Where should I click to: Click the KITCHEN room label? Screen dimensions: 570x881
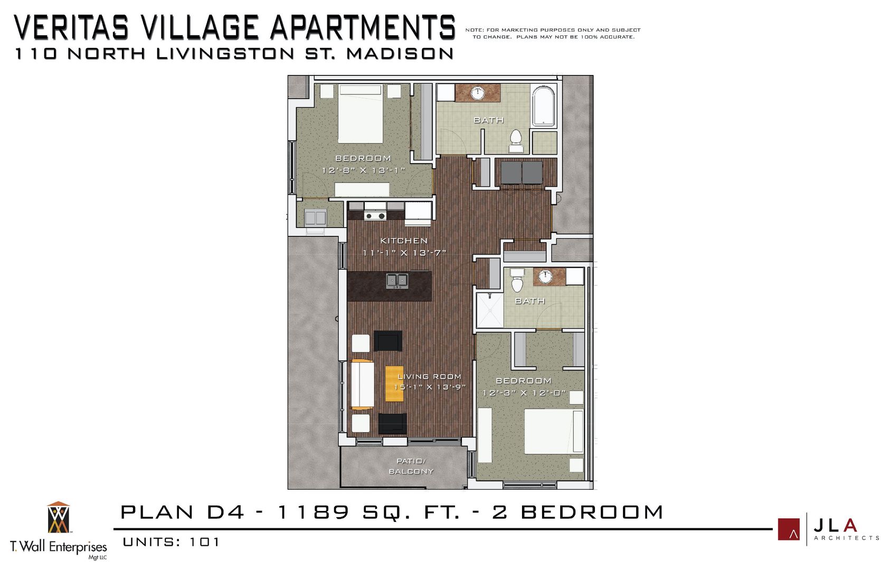point(404,241)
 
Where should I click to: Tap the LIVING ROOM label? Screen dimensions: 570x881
point(429,376)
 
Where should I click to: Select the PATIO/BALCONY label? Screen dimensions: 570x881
point(411,466)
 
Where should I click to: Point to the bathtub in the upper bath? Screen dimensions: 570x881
point(543,107)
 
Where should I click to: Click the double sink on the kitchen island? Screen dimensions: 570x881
point(396,280)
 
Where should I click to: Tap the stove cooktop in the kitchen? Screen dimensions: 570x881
point(375,215)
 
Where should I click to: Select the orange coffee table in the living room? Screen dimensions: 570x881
point(394,384)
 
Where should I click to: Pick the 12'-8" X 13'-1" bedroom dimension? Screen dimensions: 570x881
point(363,170)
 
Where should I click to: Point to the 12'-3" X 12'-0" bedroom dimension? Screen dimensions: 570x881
point(524,393)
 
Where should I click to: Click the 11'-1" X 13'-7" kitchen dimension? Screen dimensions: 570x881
point(404,253)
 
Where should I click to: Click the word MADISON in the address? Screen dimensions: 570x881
point(400,54)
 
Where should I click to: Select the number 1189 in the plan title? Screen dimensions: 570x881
point(313,512)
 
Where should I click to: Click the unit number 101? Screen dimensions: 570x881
point(204,542)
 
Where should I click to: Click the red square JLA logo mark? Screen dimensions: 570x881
point(788,529)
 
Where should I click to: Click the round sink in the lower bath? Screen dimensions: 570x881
point(545,275)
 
